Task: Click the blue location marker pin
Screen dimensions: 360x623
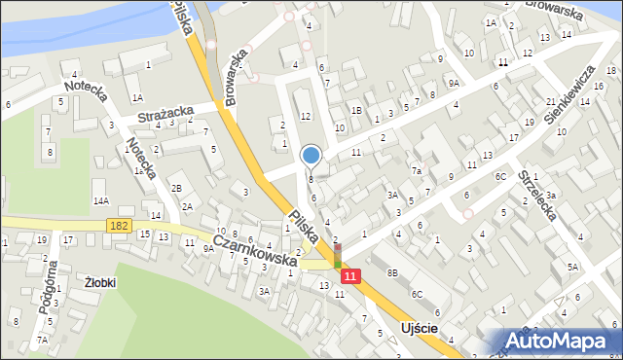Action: pos(311,155)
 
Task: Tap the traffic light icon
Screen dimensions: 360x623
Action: pos(338,257)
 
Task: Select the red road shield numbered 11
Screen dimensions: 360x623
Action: pos(352,277)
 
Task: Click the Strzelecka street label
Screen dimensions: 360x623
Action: pos(536,197)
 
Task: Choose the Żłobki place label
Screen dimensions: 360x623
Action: pos(100,282)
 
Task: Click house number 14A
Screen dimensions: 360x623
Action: pos(100,200)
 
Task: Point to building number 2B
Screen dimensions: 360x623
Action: pos(176,188)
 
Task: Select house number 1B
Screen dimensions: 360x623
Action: pos(356,111)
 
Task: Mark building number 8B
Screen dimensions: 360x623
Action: pos(392,274)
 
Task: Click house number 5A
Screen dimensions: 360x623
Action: pos(572,266)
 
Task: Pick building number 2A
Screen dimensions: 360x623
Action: pos(186,206)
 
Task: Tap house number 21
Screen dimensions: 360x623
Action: pos(551,102)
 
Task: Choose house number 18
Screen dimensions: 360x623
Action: pos(610,70)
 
